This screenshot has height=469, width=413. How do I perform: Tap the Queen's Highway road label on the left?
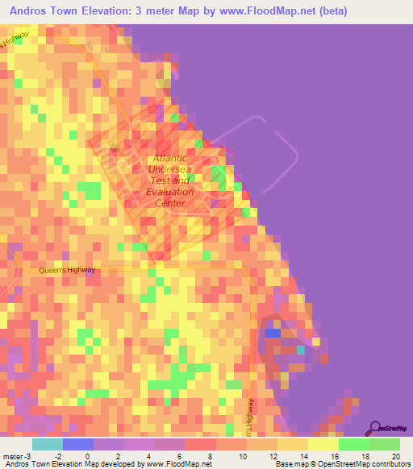coord(67,270)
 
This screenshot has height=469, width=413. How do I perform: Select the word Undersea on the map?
coord(171,171)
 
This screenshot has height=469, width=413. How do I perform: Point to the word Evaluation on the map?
coord(170,192)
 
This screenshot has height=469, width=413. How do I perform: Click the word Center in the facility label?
coord(170,203)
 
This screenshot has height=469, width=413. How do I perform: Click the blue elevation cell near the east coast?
coord(273,332)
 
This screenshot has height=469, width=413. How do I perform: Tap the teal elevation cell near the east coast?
coord(301,350)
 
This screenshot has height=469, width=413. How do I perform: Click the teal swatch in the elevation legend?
coord(47,444)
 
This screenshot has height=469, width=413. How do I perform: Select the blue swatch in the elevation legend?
coord(77,444)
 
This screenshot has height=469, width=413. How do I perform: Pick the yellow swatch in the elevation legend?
coord(323,444)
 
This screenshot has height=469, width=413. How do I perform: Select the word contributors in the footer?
coord(389,463)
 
